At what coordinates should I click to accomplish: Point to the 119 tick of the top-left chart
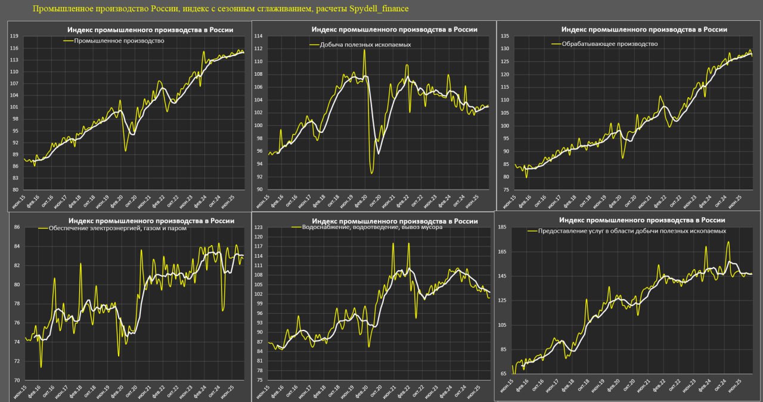point(14,36)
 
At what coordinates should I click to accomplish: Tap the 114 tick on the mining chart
point(258,36)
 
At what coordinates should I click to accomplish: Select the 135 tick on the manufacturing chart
point(504,36)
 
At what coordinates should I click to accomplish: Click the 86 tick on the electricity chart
point(17,227)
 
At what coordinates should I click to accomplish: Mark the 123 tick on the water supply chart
point(258,227)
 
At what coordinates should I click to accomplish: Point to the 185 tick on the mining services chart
point(502,227)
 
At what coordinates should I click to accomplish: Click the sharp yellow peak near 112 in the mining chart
point(364,50)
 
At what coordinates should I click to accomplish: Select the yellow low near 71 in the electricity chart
point(41,367)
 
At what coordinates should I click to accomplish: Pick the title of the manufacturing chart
point(644,29)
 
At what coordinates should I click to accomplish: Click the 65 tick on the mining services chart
point(504,374)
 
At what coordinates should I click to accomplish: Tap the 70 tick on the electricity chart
point(17,380)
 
